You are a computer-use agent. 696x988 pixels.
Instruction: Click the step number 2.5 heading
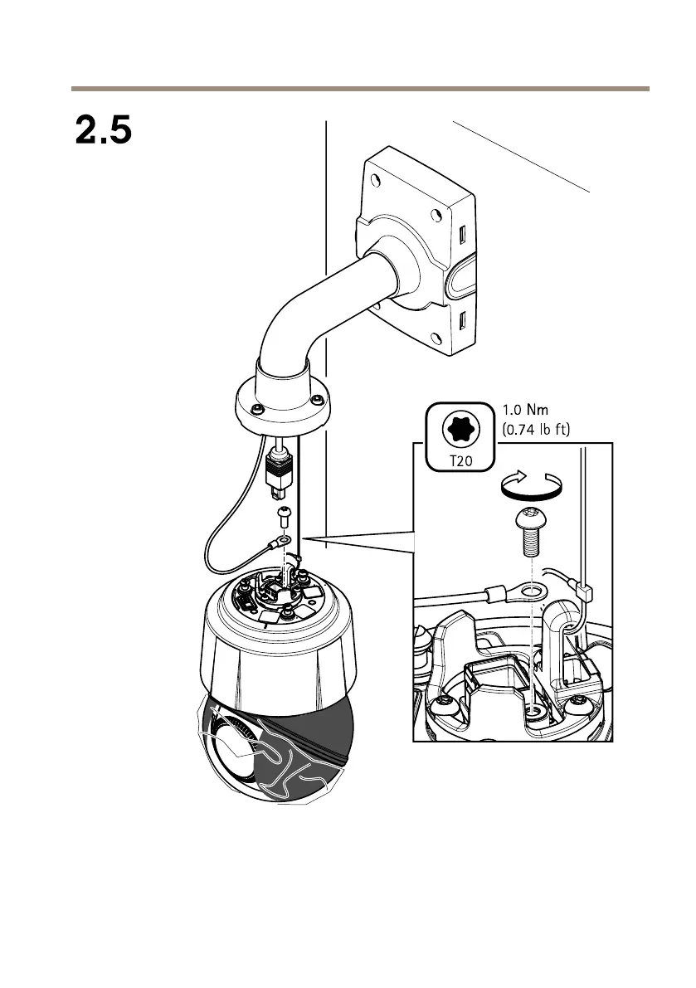click(x=104, y=131)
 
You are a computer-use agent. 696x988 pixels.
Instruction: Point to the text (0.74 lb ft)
click(x=544, y=430)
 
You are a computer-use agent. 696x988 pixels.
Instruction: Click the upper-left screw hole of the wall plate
click(x=377, y=178)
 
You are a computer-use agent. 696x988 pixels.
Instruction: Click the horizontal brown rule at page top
click(x=359, y=88)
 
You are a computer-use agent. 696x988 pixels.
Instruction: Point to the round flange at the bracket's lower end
click(x=282, y=407)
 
